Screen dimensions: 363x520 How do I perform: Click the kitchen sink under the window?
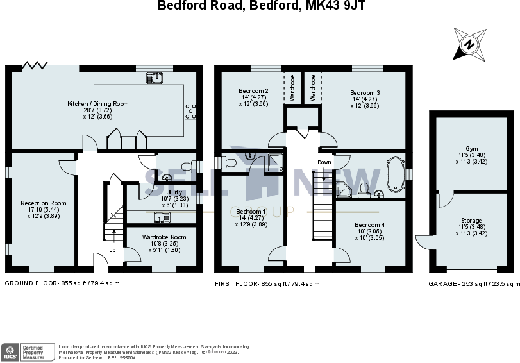click(154, 78)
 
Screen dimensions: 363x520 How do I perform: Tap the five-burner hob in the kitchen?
click(190, 112)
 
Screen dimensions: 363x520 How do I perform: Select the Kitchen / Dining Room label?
click(98, 103)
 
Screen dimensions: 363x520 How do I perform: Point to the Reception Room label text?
click(43, 203)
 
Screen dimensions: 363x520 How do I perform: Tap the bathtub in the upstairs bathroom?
click(395, 173)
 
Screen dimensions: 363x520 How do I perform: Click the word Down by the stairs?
click(324, 162)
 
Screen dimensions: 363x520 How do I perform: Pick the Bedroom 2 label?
click(253, 92)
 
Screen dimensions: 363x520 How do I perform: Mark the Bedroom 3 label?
click(364, 93)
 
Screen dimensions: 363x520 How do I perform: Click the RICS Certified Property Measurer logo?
click(29, 351)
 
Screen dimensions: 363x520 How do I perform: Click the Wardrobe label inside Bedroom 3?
click(312, 87)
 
